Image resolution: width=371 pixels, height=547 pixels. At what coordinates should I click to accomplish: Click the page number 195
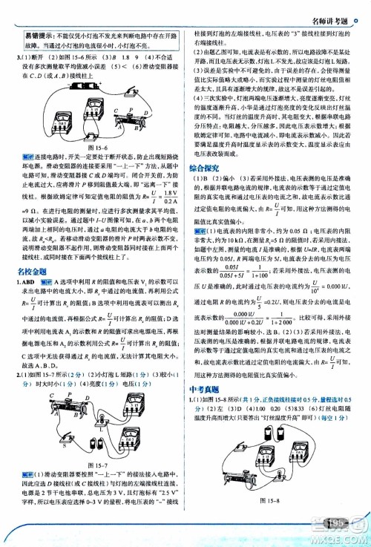[338, 525]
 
